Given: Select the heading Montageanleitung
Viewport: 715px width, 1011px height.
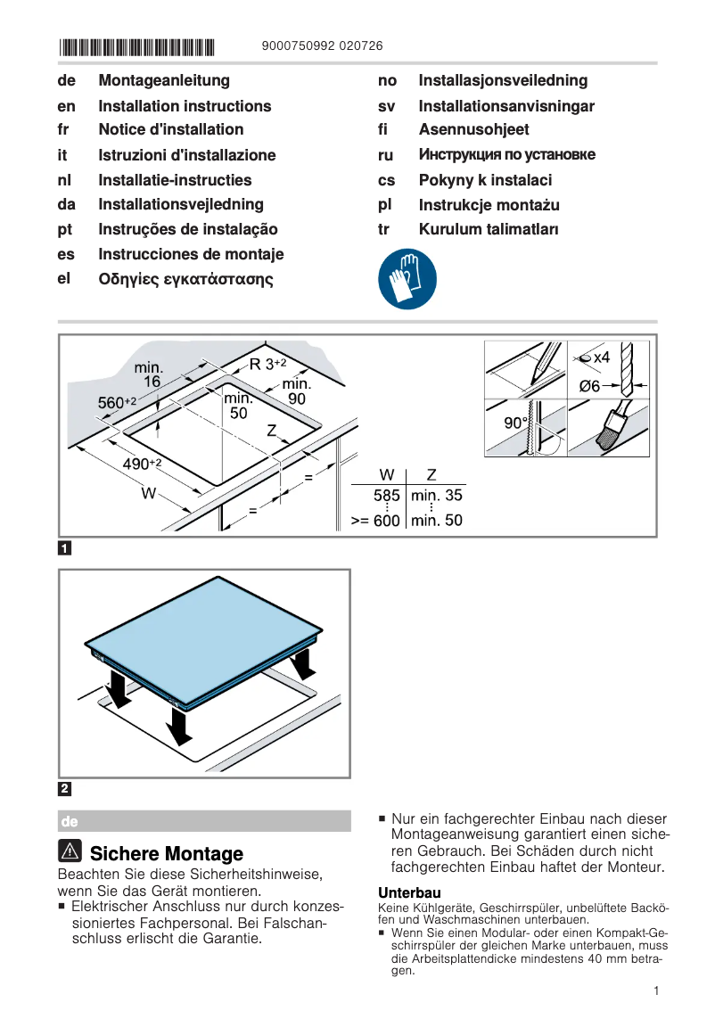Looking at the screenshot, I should [x=164, y=81].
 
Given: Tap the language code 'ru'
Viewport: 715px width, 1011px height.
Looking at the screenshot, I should [x=385, y=155].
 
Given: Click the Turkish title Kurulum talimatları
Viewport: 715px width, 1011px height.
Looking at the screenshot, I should [x=489, y=230].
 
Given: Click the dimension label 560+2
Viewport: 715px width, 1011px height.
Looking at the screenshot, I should [x=116, y=403].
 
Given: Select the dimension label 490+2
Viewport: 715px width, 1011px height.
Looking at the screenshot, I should [x=142, y=464].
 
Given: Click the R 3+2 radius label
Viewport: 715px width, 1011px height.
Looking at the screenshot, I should [x=267, y=364].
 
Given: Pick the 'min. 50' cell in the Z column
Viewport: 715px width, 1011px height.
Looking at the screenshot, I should [x=436, y=520].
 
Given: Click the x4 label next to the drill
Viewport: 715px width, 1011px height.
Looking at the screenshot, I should [x=601, y=358].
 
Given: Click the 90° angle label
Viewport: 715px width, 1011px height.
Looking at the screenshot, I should [x=516, y=423].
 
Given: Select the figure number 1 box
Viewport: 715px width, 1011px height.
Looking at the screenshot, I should [x=65, y=547].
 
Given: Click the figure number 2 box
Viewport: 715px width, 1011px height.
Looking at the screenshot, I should [x=65, y=788].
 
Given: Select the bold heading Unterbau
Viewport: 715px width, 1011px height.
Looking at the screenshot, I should [x=409, y=892].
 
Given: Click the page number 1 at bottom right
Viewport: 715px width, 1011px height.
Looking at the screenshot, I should [x=655, y=990].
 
